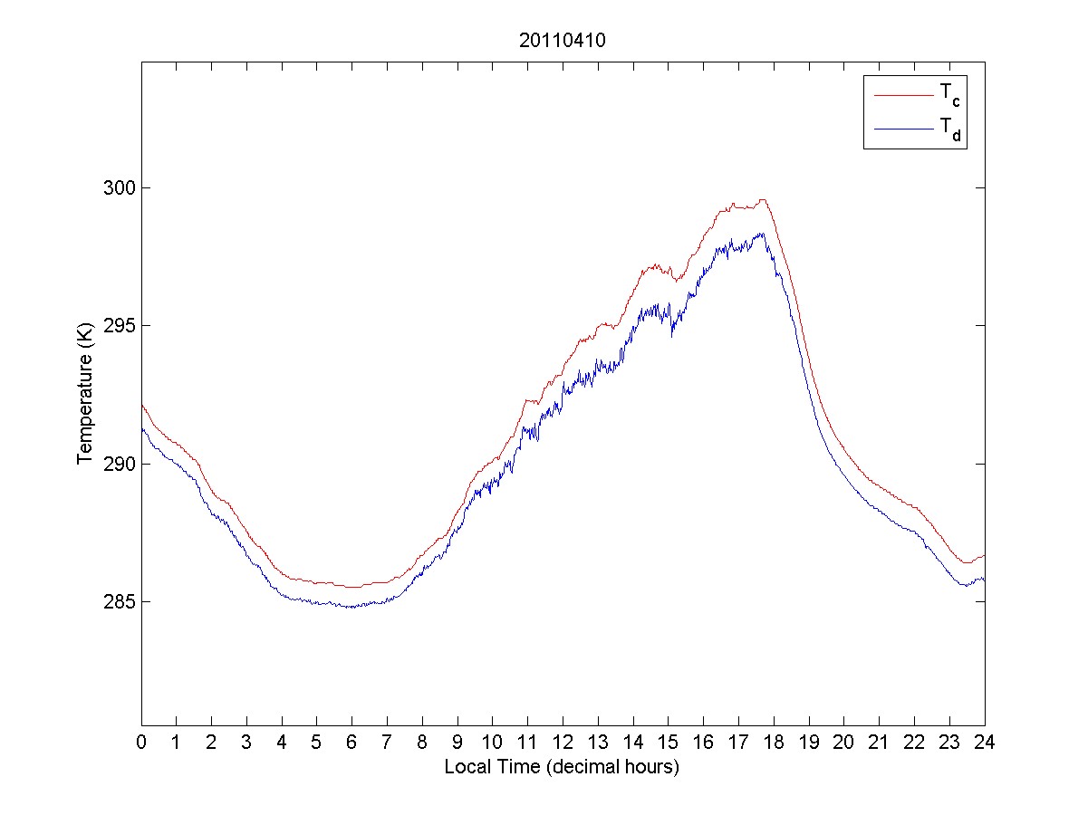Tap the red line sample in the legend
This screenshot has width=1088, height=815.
click(x=903, y=94)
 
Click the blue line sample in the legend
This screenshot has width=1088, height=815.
click(x=903, y=130)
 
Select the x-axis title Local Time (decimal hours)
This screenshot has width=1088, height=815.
click(x=562, y=767)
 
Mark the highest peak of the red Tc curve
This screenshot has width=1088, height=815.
click(x=764, y=200)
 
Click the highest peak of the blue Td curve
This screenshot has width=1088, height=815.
click(x=762, y=234)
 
